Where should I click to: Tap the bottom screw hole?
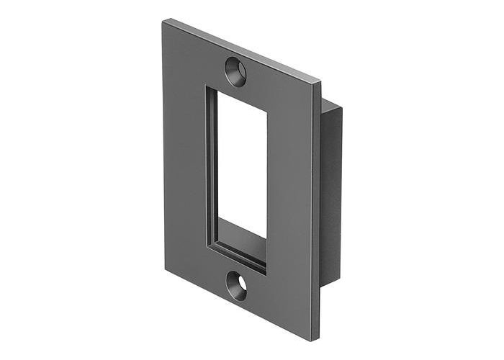point(236,286)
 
